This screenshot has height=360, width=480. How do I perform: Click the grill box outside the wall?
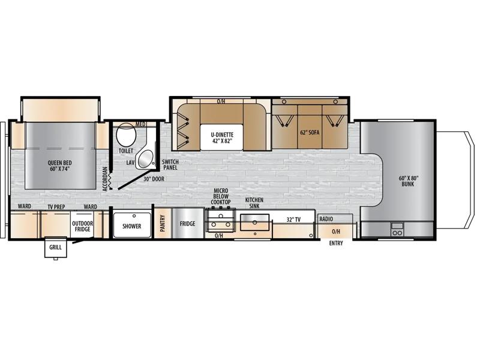coord(55,247)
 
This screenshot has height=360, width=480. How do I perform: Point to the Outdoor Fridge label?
coord(82,226)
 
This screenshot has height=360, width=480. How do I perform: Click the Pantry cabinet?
coord(163,223)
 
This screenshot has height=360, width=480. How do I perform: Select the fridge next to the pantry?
coord(188,223)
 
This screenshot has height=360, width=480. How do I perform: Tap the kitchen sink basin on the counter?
coord(254,222)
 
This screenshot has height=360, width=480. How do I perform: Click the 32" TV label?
coord(293,220)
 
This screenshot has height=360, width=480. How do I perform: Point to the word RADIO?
coord(326,219)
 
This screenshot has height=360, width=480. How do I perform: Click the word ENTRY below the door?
coord(336,243)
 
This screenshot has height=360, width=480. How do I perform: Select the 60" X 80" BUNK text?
coord(408,181)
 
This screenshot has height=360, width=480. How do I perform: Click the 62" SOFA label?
coord(310,133)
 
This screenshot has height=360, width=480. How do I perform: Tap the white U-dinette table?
coord(222,137)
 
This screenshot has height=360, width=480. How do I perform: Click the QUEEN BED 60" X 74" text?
coord(59,166)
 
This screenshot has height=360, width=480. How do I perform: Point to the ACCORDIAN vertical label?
coord(105,179)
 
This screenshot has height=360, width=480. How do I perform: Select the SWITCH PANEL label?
coord(170,164)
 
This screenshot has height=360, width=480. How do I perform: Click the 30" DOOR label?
coord(154,179)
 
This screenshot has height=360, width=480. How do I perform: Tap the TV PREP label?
coord(56,207)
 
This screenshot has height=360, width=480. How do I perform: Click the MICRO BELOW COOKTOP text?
coord(221,196)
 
